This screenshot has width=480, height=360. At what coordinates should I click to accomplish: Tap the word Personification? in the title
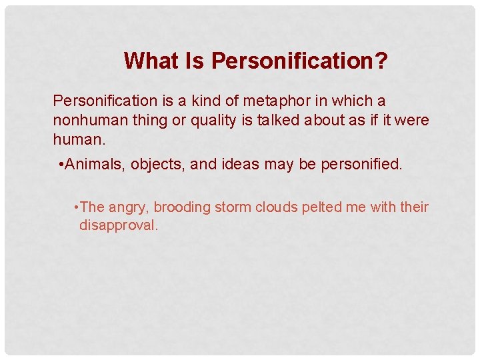pos(299,61)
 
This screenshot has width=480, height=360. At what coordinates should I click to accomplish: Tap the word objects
pos(155,165)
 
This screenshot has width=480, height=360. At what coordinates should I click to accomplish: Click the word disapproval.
pos(119,225)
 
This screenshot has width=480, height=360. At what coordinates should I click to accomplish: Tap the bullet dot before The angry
pos(78,207)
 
